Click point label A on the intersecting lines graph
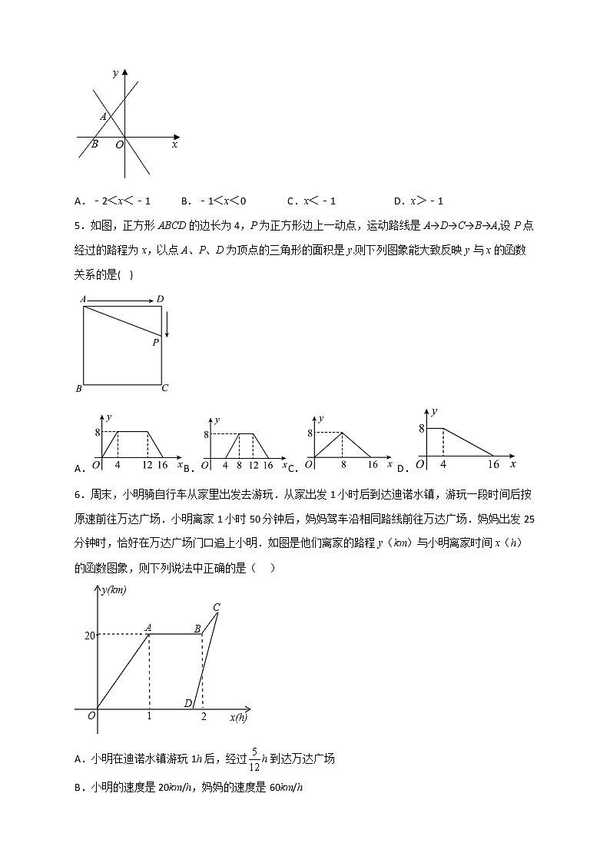click(x=103, y=117)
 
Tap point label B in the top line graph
click(x=94, y=144)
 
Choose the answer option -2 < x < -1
click(x=113, y=201)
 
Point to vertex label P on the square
click(x=155, y=343)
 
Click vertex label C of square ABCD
click(x=164, y=388)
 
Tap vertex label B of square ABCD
click(x=78, y=389)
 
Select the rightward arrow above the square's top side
click(x=120, y=300)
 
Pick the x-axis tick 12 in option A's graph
click(x=147, y=465)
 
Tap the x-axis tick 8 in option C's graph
click(x=343, y=465)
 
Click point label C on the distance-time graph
click(x=217, y=607)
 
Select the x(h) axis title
click(x=238, y=718)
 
